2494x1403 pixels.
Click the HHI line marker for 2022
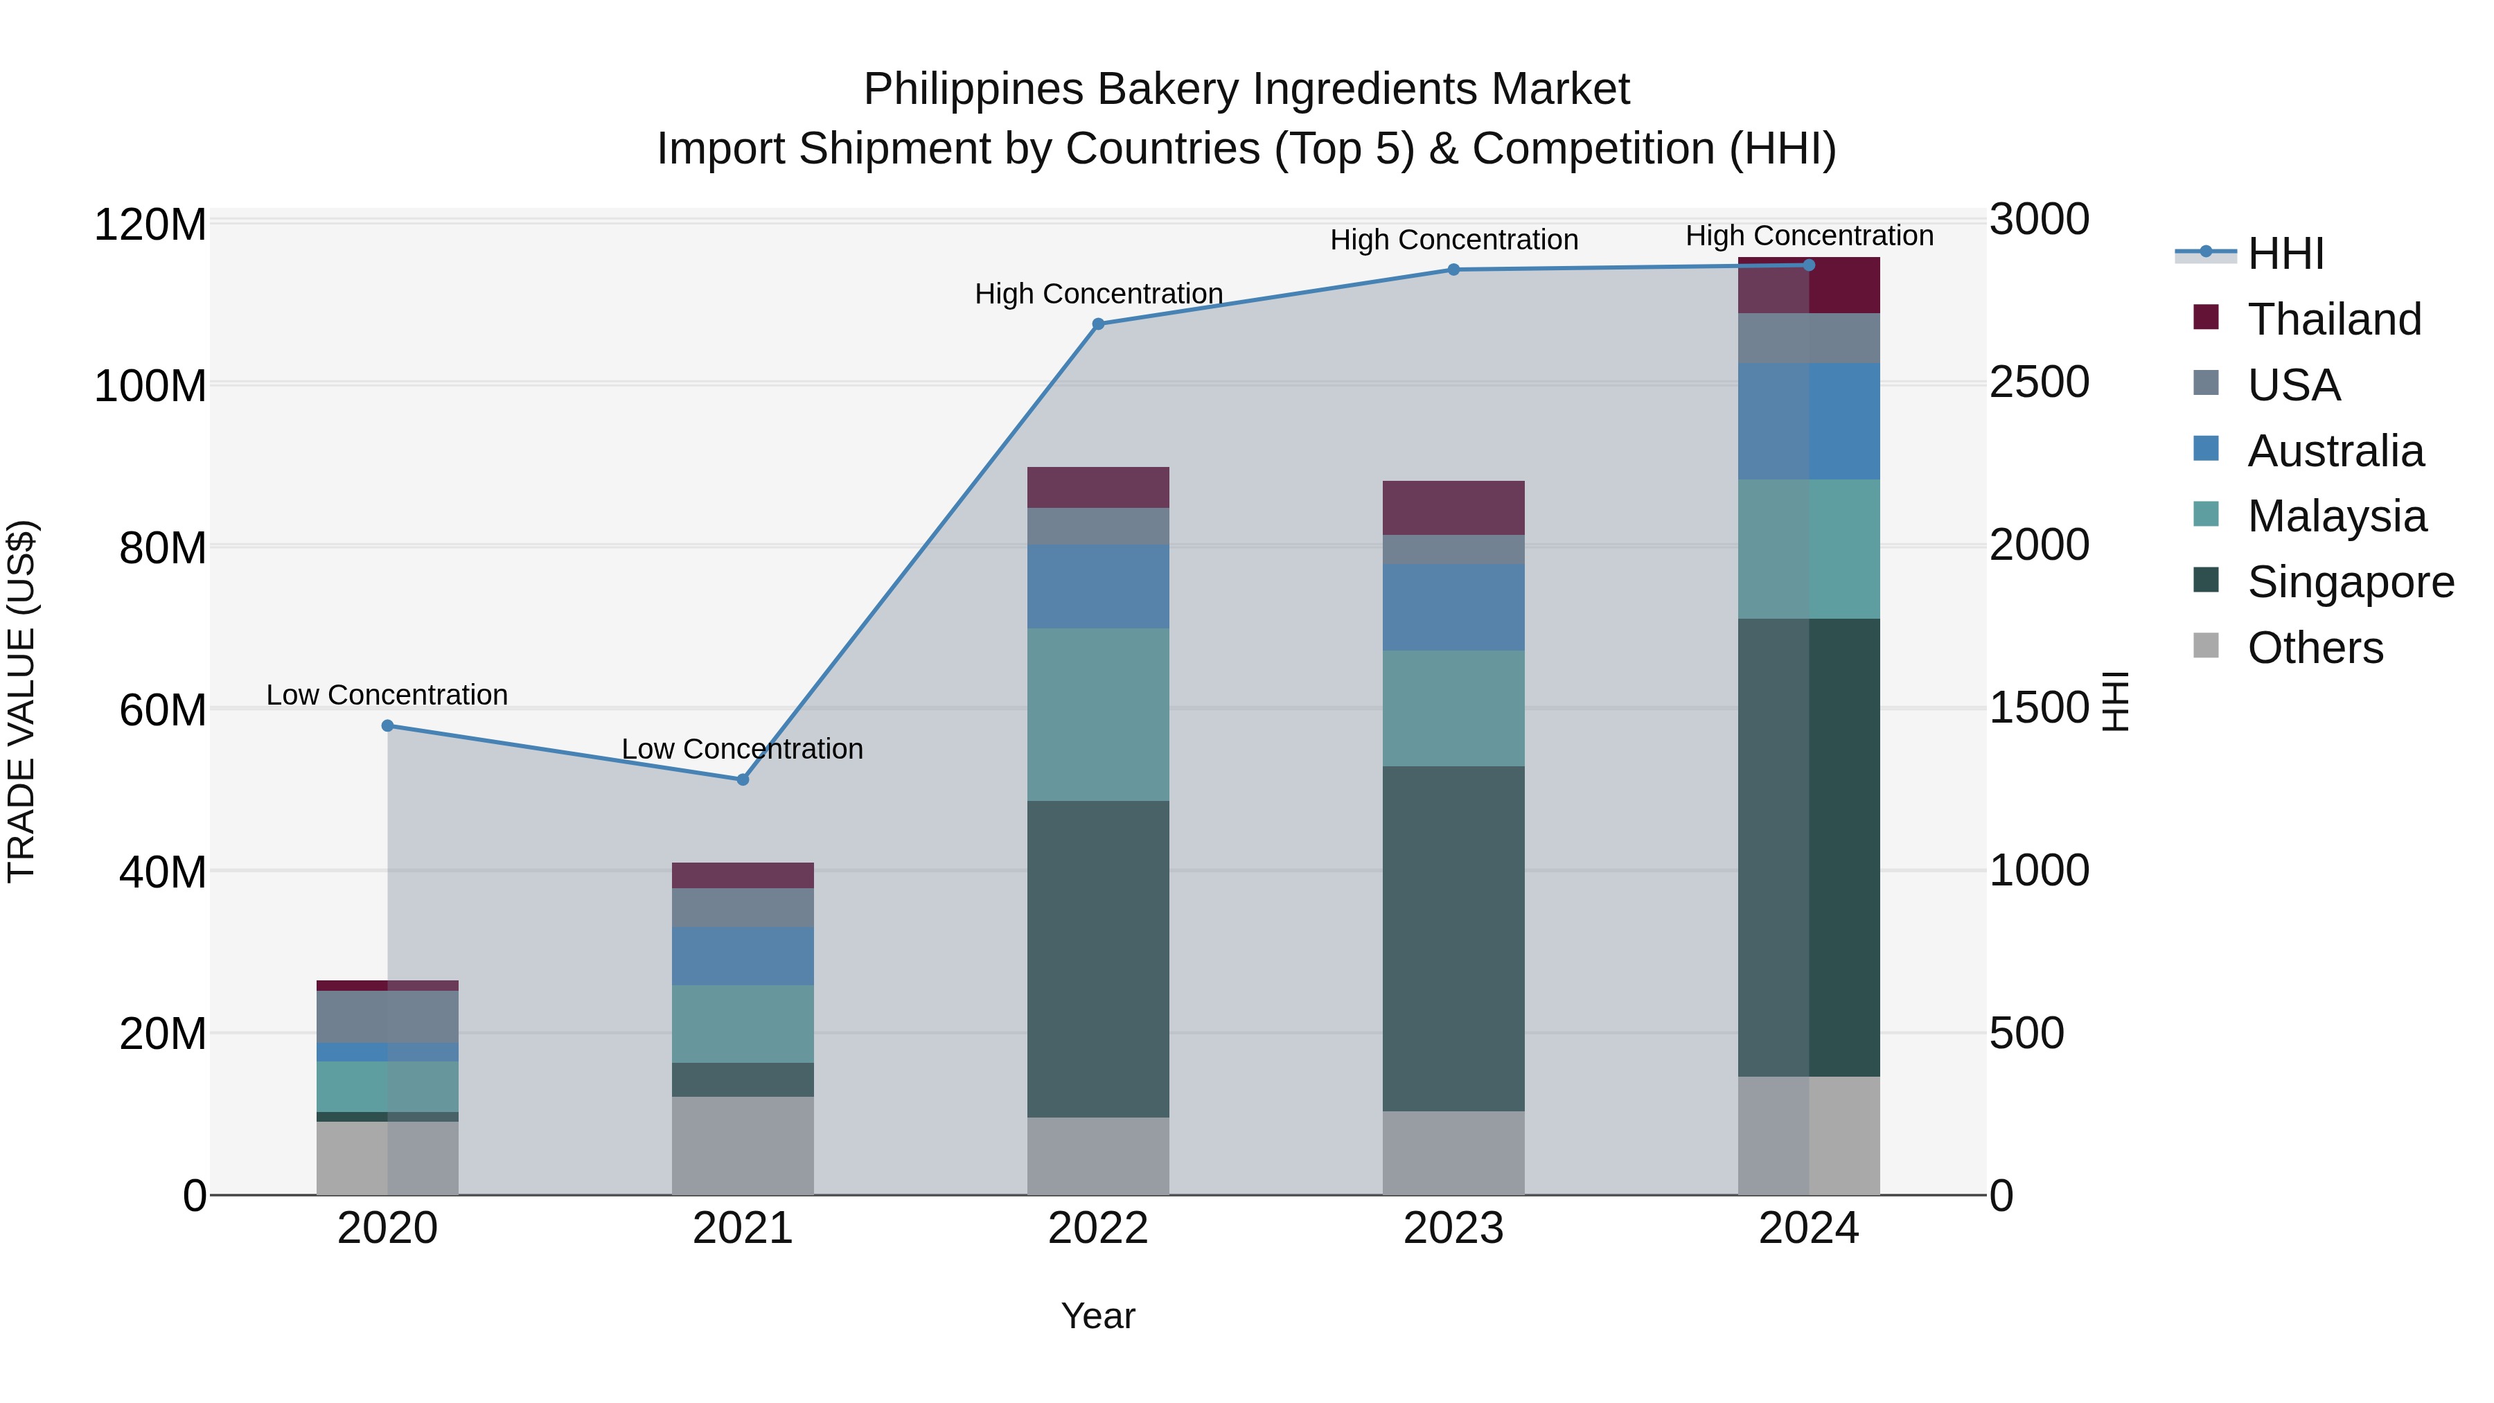(1098, 324)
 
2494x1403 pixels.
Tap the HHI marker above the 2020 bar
(387, 725)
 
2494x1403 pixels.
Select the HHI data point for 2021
(743, 779)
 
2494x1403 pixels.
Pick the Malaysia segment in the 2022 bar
(1098, 714)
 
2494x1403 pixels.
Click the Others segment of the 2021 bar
(743, 1145)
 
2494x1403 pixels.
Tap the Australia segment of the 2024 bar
(1809, 421)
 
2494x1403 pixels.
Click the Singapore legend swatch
(2206, 580)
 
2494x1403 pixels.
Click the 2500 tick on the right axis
(2039, 382)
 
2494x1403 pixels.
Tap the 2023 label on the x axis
(1453, 1228)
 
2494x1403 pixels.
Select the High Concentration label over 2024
(1809, 236)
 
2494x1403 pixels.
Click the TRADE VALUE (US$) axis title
(21, 701)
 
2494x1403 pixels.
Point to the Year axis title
(1098, 1316)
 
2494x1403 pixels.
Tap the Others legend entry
(2314, 648)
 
